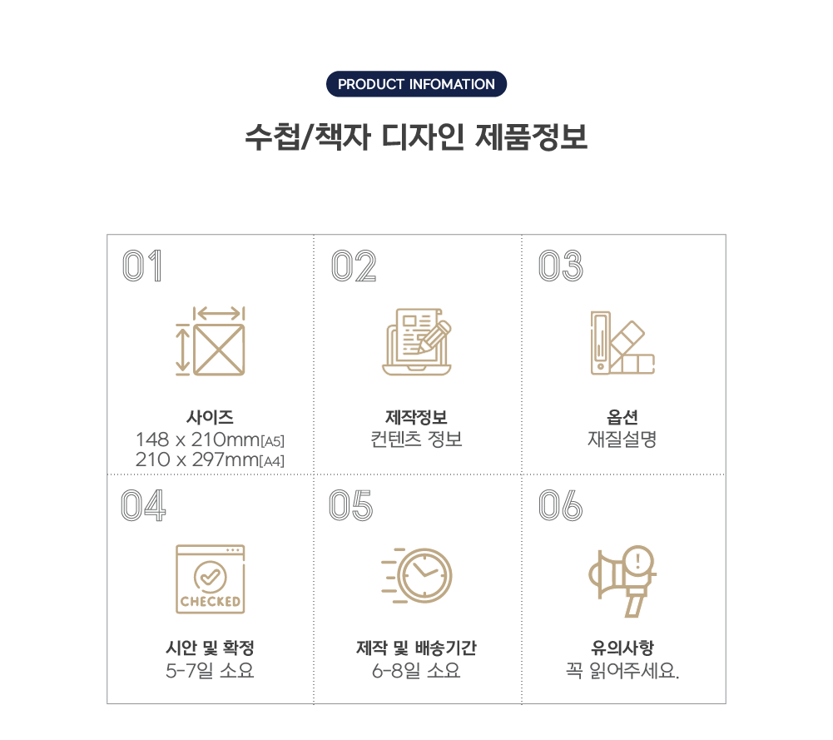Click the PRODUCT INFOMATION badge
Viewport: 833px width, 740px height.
[416, 84]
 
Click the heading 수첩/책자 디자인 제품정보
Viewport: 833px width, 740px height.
[416, 137]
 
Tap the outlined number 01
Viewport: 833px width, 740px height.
[141, 266]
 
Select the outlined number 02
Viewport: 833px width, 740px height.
[354, 266]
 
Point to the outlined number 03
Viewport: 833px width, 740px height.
[561, 266]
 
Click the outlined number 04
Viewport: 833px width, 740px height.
[143, 505]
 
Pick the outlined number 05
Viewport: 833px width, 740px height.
[350, 505]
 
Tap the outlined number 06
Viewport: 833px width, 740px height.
[561, 505]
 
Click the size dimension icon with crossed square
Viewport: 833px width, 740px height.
[211, 341]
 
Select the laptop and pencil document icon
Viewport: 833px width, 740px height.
[417, 341]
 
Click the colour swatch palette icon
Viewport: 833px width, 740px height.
[622, 343]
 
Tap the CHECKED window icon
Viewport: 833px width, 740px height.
[211, 579]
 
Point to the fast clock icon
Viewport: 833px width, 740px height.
[416, 576]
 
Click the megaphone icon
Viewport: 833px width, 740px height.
[622, 581]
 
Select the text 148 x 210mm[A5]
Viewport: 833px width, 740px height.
[210, 440]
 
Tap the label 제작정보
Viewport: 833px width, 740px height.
[416, 417]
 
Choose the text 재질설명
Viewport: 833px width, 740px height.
[622, 440]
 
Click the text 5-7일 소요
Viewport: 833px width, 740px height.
[210, 670]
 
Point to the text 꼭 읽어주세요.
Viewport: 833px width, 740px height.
[622, 670]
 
